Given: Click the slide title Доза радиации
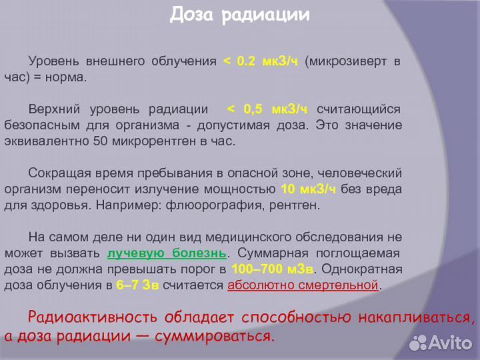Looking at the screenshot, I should click(240, 15).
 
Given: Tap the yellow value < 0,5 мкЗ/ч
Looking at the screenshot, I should click(267, 109).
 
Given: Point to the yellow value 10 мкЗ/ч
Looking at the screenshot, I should click(309, 189).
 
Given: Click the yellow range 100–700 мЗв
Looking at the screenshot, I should click(273, 269).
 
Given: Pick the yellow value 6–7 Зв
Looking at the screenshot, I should click(137, 285).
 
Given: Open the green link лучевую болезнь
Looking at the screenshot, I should click(167, 253).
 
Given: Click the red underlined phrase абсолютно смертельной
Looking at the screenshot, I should click(303, 285).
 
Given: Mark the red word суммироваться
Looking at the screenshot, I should click(214, 336).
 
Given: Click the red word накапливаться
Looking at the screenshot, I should click(407, 317).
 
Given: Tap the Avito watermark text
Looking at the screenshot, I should click(450, 343).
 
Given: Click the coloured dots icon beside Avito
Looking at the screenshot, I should click(417, 343).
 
